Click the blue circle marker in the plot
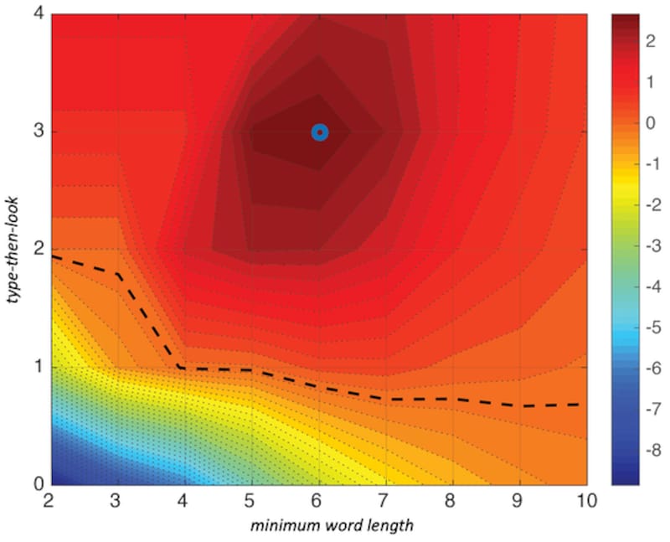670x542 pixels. pyautogui.click(x=319, y=132)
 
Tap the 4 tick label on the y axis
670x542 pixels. pyautogui.click(x=39, y=15)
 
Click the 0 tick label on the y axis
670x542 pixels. pyautogui.click(x=39, y=484)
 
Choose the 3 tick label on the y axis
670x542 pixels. pyautogui.click(x=39, y=132)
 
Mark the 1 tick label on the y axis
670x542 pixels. pyautogui.click(x=39, y=367)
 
